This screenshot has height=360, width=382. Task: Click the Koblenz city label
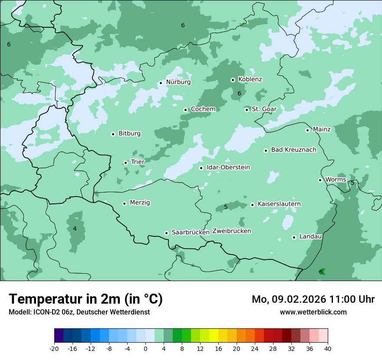pos(250,79)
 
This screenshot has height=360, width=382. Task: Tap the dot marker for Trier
pos(125,163)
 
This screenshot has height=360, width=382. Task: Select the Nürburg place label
pos(178,82)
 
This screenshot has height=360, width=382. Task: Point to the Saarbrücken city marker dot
pos(166,233)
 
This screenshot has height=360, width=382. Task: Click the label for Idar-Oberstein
pos(228,167)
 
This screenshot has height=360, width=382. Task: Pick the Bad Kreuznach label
pos(293,150)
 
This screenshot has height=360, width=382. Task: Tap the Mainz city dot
pos(307,130)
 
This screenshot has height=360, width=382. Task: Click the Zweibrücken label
pos(231,231)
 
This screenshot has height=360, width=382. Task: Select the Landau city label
pos(310,236)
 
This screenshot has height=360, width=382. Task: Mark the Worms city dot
pos(320,180)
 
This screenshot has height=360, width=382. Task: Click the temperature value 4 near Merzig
pos(75,229)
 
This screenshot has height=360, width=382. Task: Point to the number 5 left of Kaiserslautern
pos(226,207)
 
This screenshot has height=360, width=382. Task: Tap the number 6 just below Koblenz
pos(239,93)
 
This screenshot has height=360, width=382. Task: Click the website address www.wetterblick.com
pos(313,312)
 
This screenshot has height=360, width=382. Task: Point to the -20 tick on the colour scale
pos(54,349)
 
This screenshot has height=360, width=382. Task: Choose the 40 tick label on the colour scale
pos(328,349)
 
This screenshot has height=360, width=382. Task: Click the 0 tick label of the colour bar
pos(145,349)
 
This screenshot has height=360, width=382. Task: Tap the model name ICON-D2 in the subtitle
pos(44,312)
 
